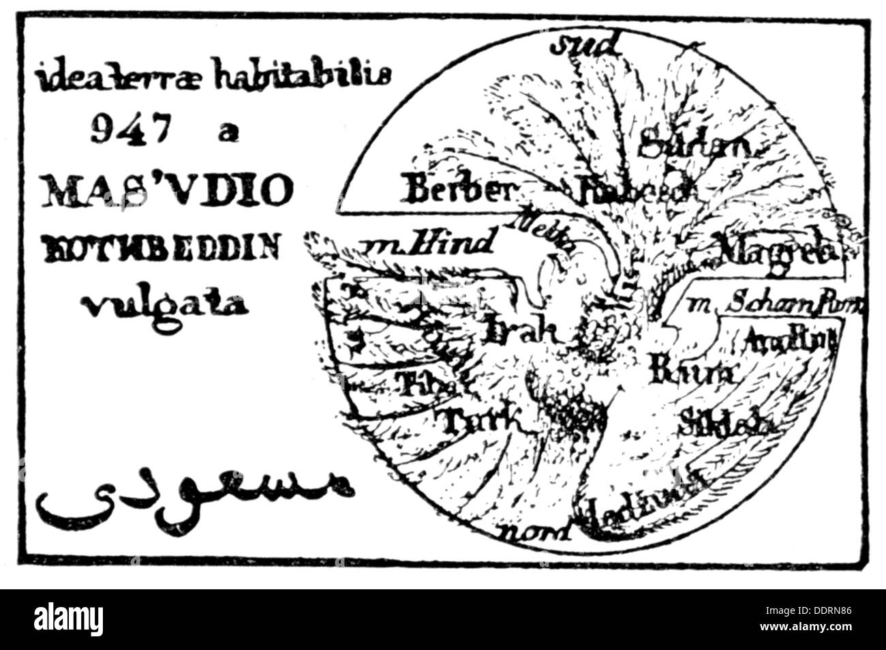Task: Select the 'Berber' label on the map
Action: (457, 192)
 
